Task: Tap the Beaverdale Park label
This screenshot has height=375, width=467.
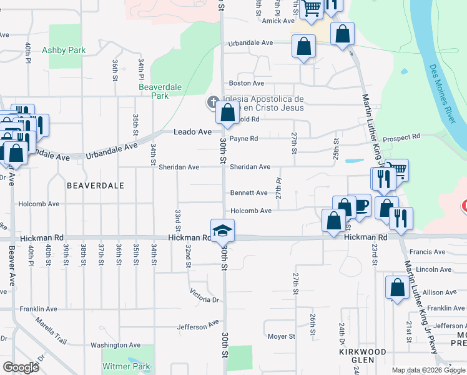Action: (x=153, y=92)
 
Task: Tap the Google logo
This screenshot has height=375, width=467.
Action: (x=21, y=367)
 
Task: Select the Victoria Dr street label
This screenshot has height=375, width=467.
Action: (x=206, y=296)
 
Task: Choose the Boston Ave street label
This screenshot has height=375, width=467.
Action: (x=247, y=83)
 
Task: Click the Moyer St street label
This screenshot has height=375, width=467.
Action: (x=281, y=336)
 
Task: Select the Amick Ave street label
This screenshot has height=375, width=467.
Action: (x=278, y=21)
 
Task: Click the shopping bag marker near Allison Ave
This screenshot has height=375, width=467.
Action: (x=397, y=288)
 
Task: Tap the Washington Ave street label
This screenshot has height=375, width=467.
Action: (x=116, y=345)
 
